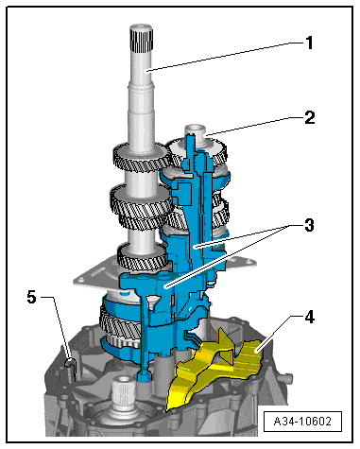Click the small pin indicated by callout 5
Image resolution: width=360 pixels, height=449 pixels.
(x=71, y=358)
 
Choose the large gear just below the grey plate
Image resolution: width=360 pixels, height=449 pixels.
(x=119, y=321)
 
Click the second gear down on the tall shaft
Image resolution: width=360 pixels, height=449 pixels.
(x=137, y=200)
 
